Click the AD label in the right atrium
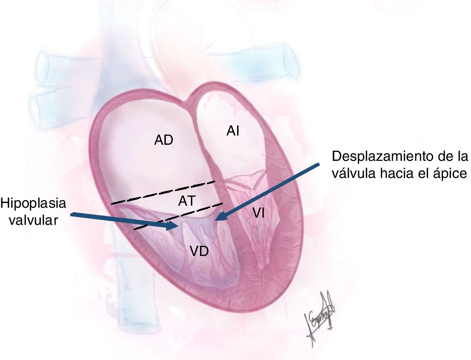coord(164,140)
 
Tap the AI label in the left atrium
coord(233,131)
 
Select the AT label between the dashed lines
coord(187,201)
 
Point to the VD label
coord(199,252)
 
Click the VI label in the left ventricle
coord(258,214)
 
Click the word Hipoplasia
coord(33,203)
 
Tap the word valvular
coord(34,220)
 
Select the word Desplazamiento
coord(380,156)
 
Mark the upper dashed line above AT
coord(163,193)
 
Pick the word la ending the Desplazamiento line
coord(462,156)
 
